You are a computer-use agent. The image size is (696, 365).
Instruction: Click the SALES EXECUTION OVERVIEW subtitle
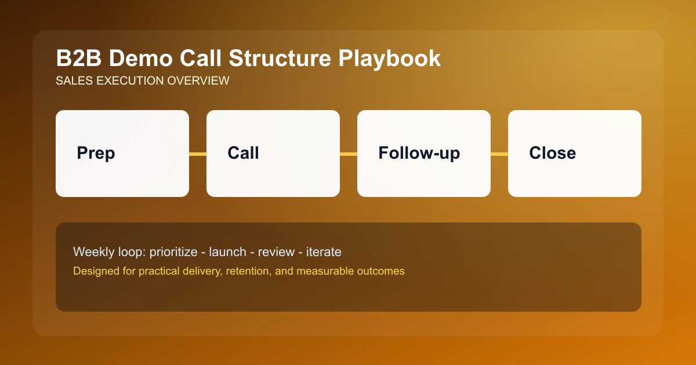click(142, 81)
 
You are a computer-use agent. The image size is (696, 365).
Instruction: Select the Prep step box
click(122, 154)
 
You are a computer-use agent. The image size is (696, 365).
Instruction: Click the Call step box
click(273, 154)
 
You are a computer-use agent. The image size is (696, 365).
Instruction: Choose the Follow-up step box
click(424, 154)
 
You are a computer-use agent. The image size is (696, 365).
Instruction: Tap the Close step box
click(575, 154)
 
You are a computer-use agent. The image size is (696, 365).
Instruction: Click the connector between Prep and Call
click(198, 154)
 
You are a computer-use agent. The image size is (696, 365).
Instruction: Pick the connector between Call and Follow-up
click(349, 154)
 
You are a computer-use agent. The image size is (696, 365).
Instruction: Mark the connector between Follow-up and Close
click(499, 154)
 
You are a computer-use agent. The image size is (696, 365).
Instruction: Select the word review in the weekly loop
click(276, 252)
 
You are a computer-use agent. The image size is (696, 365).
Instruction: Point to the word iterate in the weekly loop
click(324, 252)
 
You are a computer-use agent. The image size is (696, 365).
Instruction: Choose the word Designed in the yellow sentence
click(93, 271)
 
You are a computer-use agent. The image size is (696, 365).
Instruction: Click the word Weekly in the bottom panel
click(90, 252)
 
